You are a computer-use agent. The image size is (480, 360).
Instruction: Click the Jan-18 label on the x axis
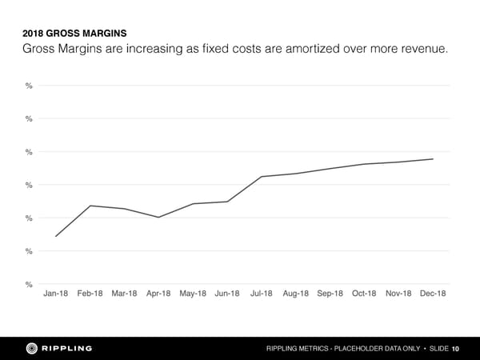tap(56, 294)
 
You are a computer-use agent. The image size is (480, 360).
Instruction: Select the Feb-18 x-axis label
tap(90, 294)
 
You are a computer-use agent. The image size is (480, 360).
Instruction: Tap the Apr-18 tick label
tap(158, 294)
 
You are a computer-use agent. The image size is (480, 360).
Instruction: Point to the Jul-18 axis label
tap(262, 294)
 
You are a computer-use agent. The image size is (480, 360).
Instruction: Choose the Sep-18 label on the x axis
tap(330, 294)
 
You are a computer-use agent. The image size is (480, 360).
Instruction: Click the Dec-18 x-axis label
tap(433, 294)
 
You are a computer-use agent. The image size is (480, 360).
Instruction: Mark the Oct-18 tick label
tap(364, 294)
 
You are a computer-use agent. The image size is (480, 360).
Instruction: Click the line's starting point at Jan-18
tap(56, 236)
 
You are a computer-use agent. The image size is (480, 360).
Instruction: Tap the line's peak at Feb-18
tap(90, 206)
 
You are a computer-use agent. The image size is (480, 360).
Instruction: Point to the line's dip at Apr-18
tap(158, 218)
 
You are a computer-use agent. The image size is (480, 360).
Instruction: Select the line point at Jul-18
tap(262, 176)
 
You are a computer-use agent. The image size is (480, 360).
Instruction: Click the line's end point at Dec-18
tap(433, 158)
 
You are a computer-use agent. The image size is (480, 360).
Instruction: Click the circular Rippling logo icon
tap(33, 347)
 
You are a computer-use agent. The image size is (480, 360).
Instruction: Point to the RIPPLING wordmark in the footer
tap(66, 347)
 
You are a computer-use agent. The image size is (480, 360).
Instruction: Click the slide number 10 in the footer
tap(455, 348)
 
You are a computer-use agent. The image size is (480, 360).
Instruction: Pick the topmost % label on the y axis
tap(29, 86)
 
